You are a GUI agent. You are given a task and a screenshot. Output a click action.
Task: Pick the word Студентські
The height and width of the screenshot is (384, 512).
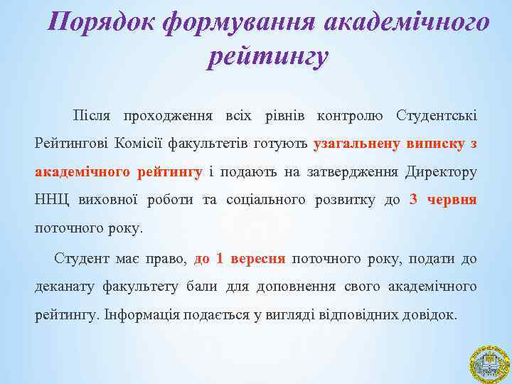pos(437,115)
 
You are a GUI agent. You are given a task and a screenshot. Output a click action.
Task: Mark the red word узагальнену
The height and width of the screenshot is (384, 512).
pos(356,144)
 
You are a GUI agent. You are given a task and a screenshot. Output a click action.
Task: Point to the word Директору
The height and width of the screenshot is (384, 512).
pos(441,171)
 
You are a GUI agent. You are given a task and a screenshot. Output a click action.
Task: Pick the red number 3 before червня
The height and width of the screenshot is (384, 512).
pos(414,200)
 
